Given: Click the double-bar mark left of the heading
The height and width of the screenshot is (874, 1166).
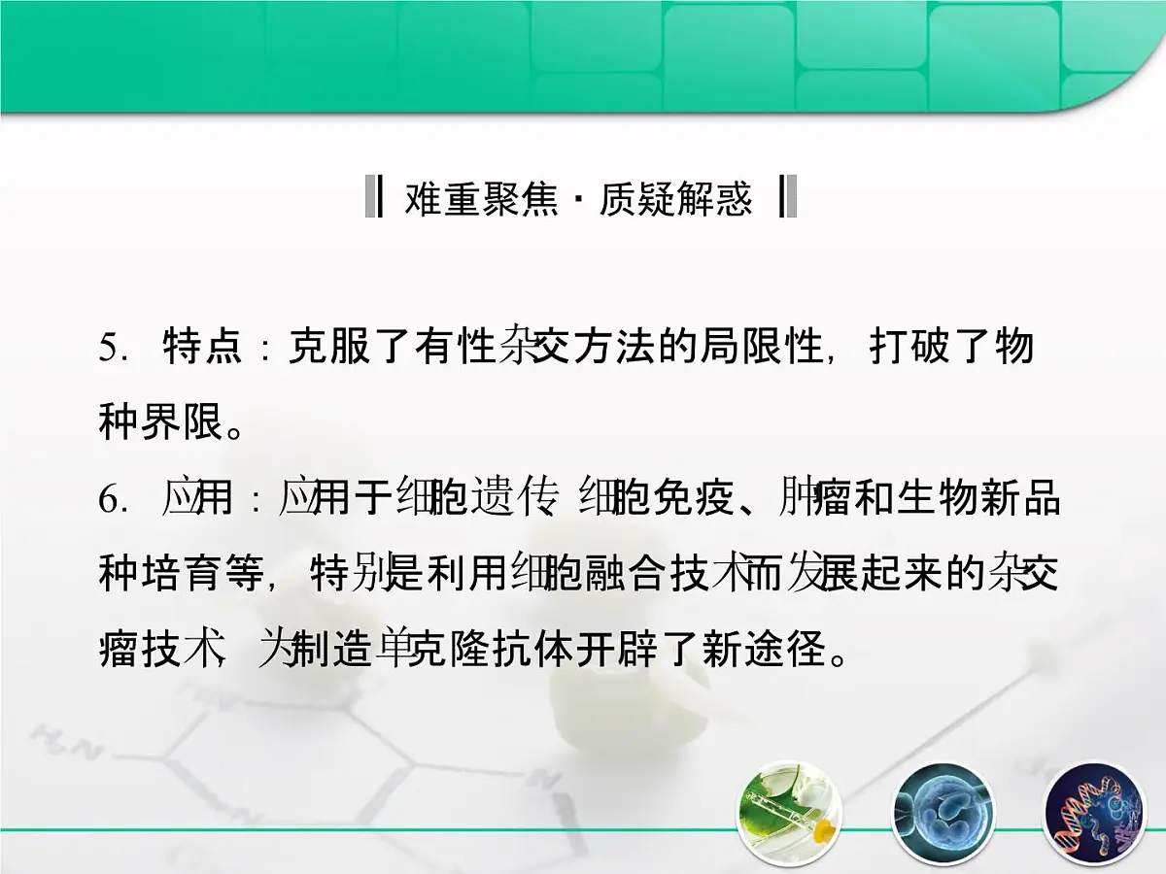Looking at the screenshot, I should pos(372,197).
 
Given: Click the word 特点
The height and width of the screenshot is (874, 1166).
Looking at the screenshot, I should pos(203,348).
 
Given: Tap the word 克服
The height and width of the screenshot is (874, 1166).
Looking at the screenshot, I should pos(326,348).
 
